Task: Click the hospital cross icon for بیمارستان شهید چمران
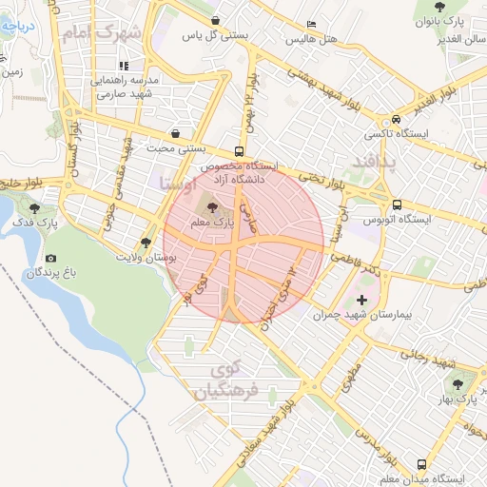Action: click(x=361, y=300)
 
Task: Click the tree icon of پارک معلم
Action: click(x=211, y=207)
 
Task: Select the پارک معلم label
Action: click(x=211, y=223)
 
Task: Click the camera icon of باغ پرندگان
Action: click(x=50, y=259)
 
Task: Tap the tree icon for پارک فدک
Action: click(x=36, y=207)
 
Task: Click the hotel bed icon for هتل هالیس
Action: click(x=311, y=26)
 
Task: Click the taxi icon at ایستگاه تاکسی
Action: click(x=395, y=120)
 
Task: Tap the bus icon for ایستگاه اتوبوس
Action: click(x=397, y=205)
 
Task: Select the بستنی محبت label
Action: click(x=176, y=148)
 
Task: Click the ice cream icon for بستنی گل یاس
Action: click(x=216, y=20)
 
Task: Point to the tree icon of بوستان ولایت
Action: click(x=146, y=243)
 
